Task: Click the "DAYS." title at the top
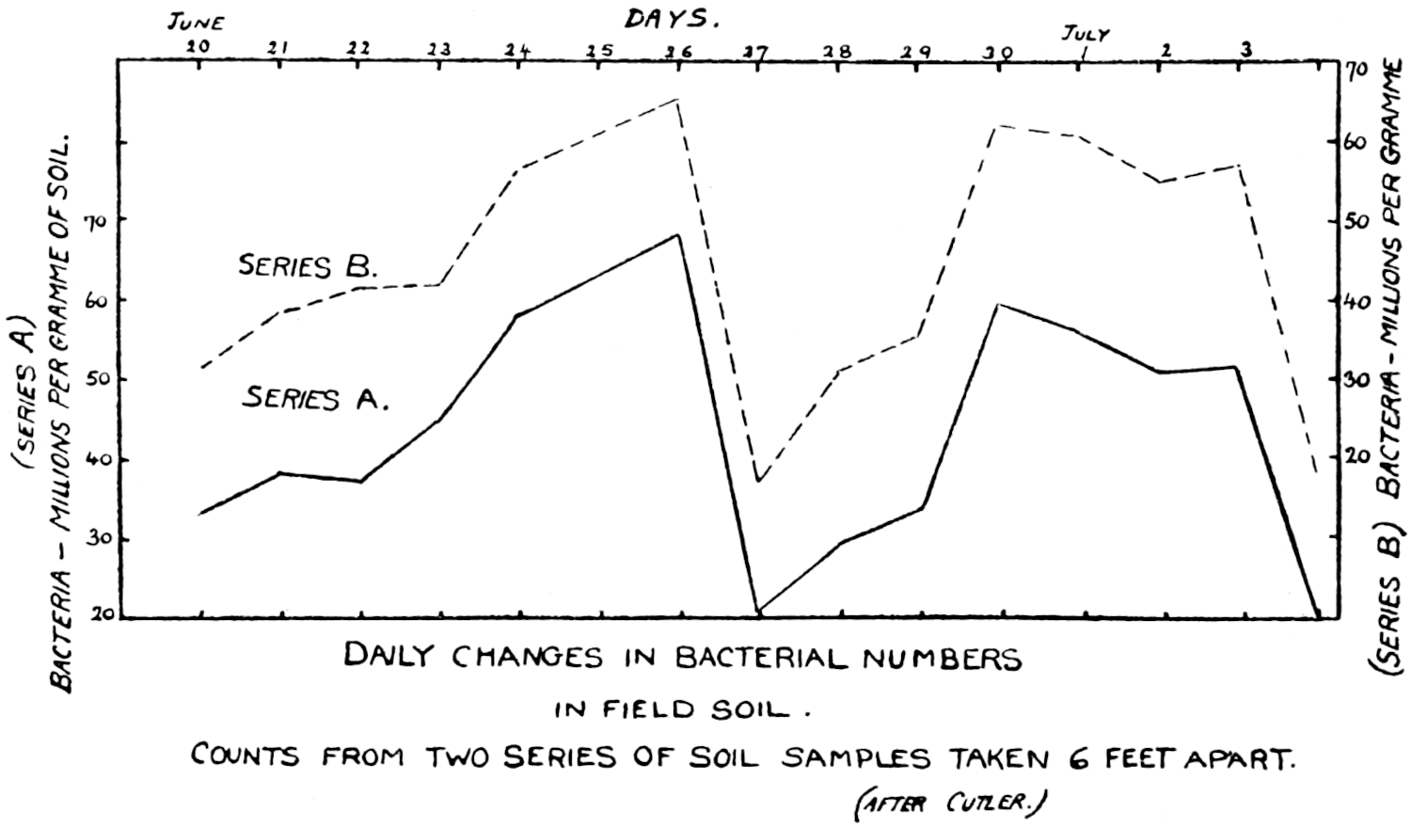(671, 18)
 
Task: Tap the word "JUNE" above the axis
(196, 22)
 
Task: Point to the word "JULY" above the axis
(1086, 34)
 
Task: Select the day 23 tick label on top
(439, 50)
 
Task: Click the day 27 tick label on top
(756, 53)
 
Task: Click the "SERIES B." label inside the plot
(307, 266)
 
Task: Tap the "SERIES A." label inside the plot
(315, 398)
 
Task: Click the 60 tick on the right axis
(1355, 142)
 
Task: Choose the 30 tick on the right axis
(1355, 379)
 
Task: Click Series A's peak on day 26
(678, 234)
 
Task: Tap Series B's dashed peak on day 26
(676, 99)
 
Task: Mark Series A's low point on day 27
(758, 613)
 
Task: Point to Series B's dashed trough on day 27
(757, 481)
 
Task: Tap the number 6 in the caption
(1080, 758)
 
